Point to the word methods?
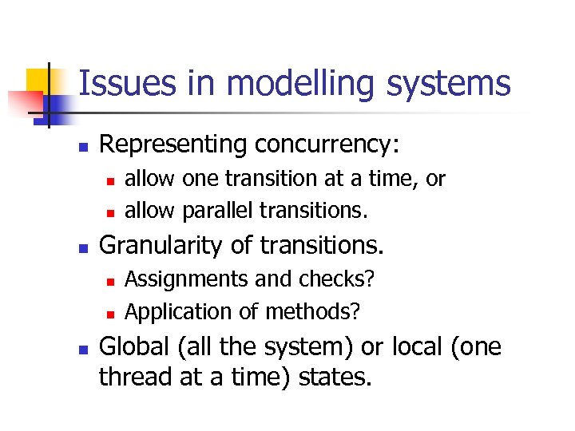coord(314,312)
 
